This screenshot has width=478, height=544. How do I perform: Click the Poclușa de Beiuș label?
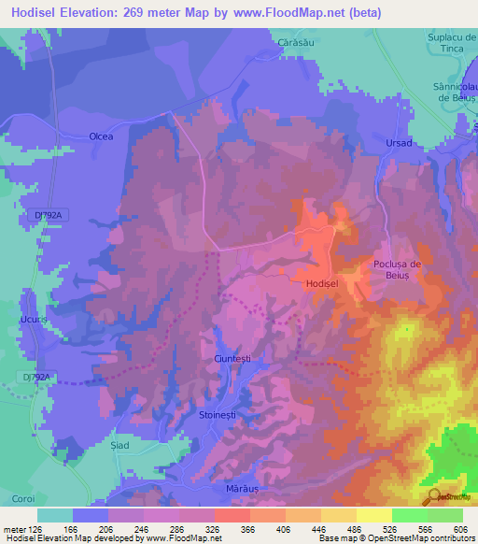(399, 270)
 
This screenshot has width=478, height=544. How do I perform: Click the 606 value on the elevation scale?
(462, 530)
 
